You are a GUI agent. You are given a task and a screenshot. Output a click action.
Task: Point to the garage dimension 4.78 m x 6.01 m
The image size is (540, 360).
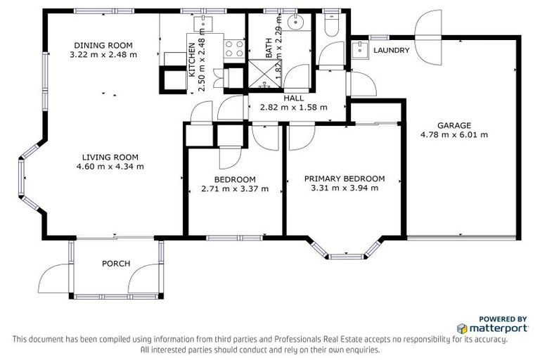coord(454,134)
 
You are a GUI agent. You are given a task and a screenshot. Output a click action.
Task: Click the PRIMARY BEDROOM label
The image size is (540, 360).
coord(345,179)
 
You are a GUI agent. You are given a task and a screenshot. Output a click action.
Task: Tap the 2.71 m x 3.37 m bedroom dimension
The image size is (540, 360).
coord(235,188)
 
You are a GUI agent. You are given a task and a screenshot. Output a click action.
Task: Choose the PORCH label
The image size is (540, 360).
coord(116,264)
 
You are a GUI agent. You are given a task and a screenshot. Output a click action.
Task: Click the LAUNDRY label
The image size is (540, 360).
coord(392,51)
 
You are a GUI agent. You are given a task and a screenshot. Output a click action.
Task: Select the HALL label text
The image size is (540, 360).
coord(293,98)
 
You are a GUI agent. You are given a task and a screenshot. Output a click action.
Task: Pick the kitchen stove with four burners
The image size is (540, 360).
coord(233,49)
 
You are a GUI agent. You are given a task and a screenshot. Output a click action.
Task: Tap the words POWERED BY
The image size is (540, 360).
coord(503,318)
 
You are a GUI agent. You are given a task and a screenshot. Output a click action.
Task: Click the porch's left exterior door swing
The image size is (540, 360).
coord(55,280)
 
